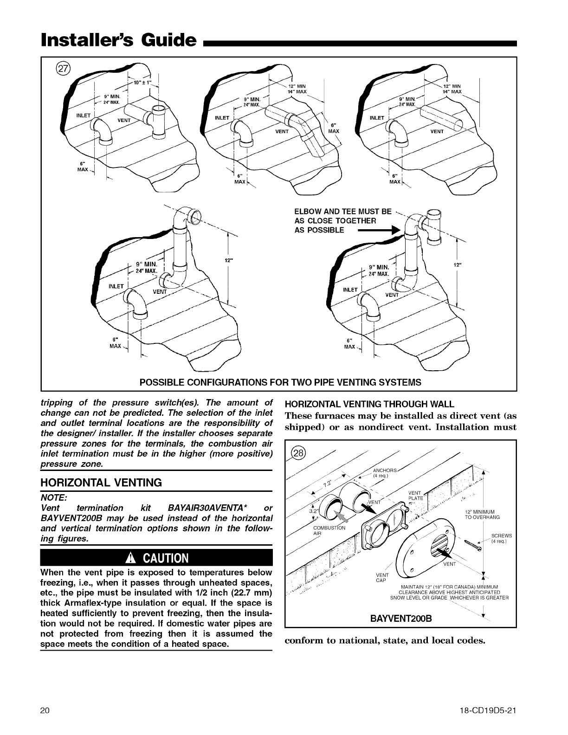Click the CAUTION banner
coord(156,557)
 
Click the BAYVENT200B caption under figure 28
coord(401,619)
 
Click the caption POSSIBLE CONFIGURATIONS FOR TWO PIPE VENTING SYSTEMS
coord(281,382)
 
